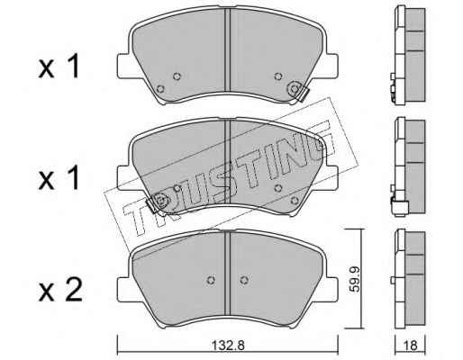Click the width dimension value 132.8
click(x=228, y=346)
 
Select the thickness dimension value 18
click(x=411, y=346)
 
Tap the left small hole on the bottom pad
click(x=211, y=280)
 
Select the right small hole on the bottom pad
click(x=244, y=280)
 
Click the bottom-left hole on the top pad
click(x=161, y=89)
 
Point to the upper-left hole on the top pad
click(x=177, y=76)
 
